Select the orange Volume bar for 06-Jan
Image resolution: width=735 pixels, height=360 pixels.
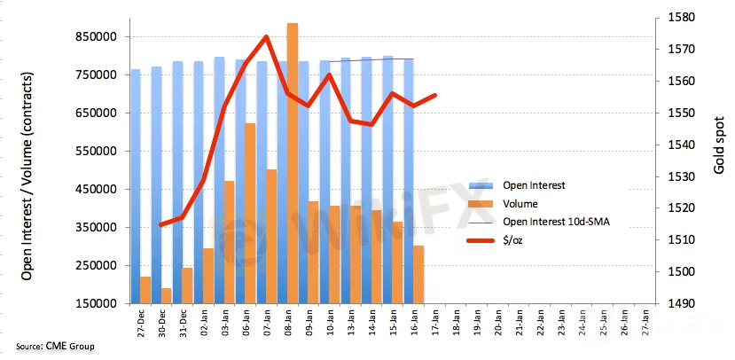pyautogui.click(x=250, y=213)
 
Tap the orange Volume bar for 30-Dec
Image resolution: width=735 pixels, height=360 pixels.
pyautogui.click(x=166, y=295)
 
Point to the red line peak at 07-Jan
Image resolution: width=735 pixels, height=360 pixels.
pyautogui.click(x=267, y=37)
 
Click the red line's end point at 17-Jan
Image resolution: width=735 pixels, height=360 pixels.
pyautogui.click(x=435, y=95)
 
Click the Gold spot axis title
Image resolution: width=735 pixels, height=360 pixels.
pyautogui.click(x=717, y=146)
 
